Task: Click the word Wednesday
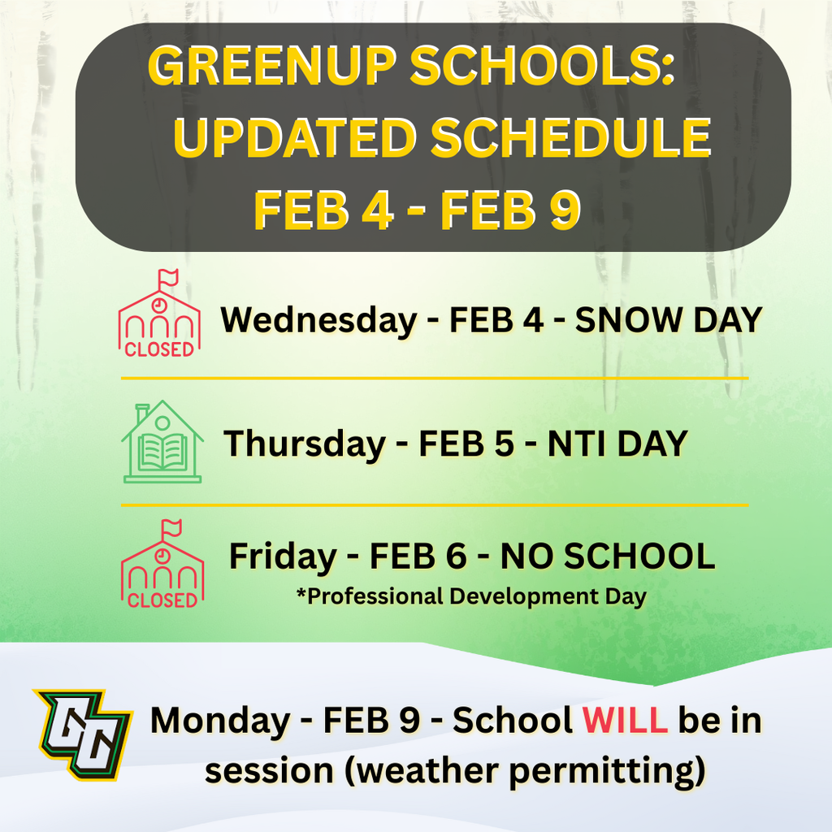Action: tap(318, 321)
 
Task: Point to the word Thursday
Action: tap(305, 444)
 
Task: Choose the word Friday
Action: tap(282, 557)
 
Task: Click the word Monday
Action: tap(219, 721)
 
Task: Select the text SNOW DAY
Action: tap(669, 321)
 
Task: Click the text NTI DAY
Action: tap(617, 444)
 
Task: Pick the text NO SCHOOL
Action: tap(607, 557)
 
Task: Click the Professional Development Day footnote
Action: tap(471, 596)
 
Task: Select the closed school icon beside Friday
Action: tap(162, 565)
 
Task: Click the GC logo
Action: tap(82, 733)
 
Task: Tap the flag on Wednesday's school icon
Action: tap(167, 278)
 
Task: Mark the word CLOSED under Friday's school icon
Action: tap(162, 600)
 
